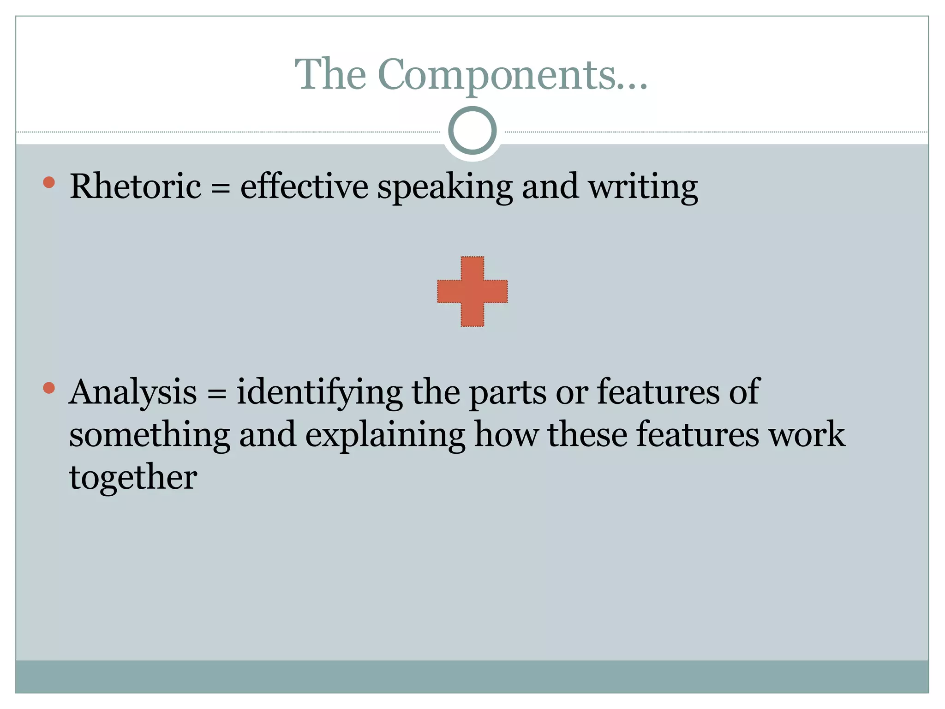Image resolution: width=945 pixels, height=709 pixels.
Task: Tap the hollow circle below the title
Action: [x=472, y=130]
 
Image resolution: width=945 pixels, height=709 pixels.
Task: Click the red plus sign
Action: [x=472, y=291]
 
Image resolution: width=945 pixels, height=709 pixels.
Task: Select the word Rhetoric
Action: [x=135, y=186]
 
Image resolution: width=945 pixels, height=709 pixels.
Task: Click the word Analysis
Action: [x=133, y=392]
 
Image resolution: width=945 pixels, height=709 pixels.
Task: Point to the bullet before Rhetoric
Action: [x=49, y=182]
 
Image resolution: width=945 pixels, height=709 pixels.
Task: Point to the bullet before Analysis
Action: [x=49, y=388]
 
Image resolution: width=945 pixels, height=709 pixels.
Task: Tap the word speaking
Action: [x=445, y=187]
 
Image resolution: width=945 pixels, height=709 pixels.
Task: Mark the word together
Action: [x=133, y=478]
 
